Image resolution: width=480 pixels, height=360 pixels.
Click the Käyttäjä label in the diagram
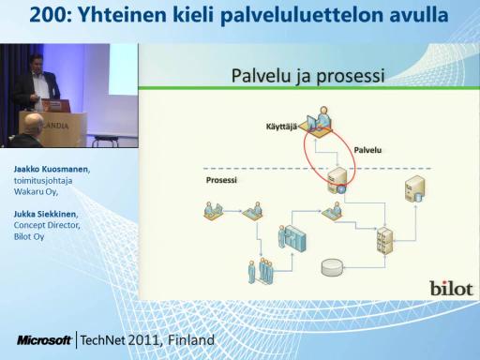(281, 127)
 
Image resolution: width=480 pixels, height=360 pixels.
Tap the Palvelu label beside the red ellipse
(367, 150)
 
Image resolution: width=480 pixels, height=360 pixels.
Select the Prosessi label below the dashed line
(221, 180)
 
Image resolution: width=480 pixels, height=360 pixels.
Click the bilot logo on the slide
(451, 289)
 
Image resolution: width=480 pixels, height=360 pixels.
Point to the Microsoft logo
(44, 340)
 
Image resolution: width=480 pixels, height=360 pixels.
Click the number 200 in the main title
(48, 15)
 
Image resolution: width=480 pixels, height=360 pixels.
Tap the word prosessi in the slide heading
(350, 76)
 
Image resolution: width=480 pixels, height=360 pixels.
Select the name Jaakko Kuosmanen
(52, 170)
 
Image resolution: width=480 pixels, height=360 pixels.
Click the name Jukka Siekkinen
(45, 214)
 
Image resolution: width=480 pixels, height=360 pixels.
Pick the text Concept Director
(47, 225)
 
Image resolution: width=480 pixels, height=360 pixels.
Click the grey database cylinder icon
(332, 267)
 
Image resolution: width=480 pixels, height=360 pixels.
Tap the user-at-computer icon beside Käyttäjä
(318, 122)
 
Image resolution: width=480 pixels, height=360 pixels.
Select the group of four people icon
(261, 271)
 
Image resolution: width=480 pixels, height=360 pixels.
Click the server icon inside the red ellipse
(337, 181)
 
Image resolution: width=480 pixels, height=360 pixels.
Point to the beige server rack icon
(384, 240)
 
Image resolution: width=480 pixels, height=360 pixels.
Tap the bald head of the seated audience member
(33, 124)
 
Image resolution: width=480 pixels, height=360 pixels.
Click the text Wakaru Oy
(36, 191)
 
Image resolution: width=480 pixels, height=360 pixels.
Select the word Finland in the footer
(191, 340)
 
